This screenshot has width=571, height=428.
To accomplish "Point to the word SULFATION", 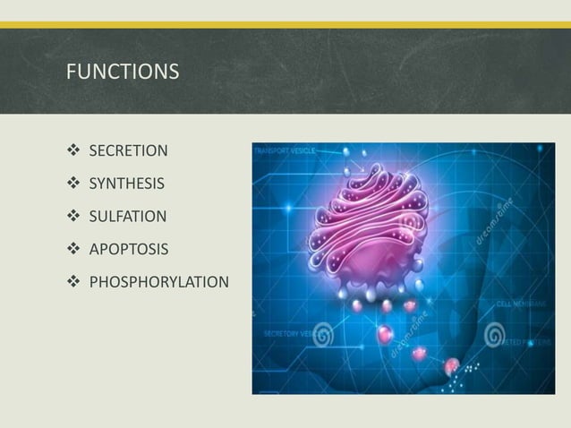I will coord(127,217).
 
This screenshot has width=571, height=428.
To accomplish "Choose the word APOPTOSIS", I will coord(126,248).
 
